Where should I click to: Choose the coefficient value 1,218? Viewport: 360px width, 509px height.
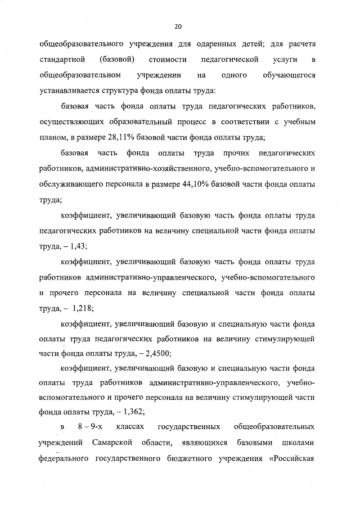point(82,309)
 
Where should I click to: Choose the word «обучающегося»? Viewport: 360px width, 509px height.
point(289,75)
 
